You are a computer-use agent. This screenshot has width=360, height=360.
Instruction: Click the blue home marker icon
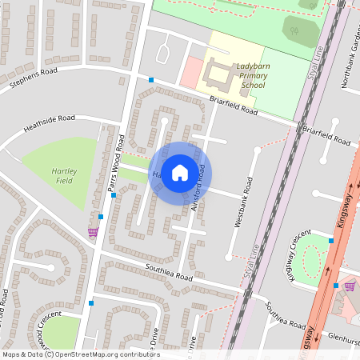point(180,172)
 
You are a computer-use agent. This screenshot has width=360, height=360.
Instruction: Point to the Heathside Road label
point(49,122)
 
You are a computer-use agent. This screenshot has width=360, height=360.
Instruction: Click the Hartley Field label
point(64,176)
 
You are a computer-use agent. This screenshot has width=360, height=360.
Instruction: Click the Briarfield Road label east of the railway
point(326,134)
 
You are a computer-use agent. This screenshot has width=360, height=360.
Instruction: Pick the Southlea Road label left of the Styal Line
point(169,272)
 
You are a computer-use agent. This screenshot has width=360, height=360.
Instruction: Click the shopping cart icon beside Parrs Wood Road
point(93,232)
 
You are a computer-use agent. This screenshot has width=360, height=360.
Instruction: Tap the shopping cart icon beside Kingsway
point(349,286)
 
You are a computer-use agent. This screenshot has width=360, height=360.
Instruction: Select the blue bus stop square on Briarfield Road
point(150,79)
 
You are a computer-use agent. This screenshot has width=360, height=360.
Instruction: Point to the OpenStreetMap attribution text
point(80,354)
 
